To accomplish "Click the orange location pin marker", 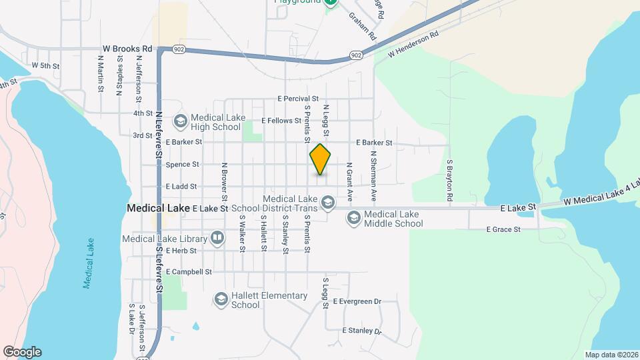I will point(321,159).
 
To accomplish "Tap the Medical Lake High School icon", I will point(180,121).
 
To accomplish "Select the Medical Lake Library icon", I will point(218,238).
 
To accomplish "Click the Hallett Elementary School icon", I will point(221,299).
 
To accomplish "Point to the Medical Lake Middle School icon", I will point(353,219).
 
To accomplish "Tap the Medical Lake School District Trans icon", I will point(327,201).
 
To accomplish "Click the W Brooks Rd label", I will point(128,49).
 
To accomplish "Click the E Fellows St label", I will point(282,121).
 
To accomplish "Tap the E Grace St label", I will point(503,229).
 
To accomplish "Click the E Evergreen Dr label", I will point(357,302).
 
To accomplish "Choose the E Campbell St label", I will point(189,272).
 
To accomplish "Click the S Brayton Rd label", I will point(450,181).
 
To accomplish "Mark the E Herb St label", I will point(181,251).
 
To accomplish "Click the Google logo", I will point(22,352).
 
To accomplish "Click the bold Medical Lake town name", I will point(158,208).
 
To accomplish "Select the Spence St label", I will point(182,164).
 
